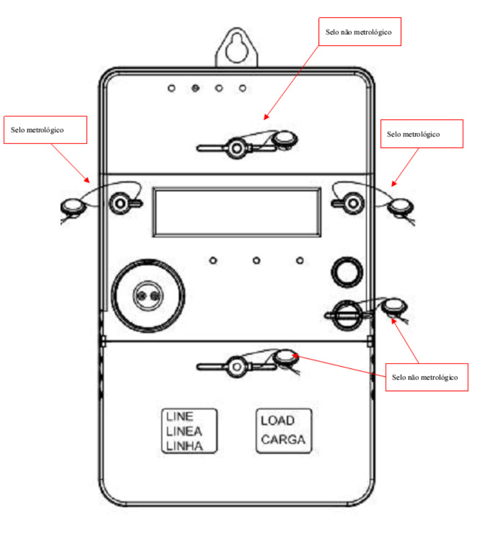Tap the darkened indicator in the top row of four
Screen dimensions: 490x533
(195, 88)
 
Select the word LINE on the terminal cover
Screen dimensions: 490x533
(180, 416)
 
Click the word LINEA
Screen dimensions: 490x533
(184, 432)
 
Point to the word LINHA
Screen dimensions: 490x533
(184, 447)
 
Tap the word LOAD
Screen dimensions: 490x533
(278, 421)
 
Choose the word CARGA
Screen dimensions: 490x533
(283, 440)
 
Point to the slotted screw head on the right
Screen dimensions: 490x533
(347, 315)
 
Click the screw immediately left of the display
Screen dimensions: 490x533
(120, 203)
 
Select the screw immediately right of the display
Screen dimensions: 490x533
(353, 203)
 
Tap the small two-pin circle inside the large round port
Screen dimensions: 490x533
(148, 296)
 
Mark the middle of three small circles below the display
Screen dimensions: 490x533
(257, 261)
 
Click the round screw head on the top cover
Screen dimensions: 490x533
(236, 148)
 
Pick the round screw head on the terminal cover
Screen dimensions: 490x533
(236, 367)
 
